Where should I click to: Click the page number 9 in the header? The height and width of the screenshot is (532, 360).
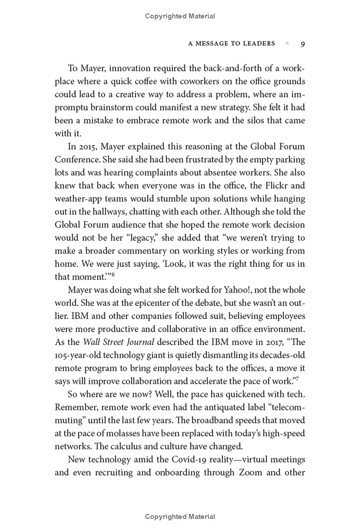tap(303, 44)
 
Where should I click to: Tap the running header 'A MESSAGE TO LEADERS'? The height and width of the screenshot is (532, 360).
tap(231, 44)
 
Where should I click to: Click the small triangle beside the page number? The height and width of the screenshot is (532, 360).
tap(286, 44)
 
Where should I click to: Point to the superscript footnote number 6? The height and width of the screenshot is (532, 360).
tap(113, 274)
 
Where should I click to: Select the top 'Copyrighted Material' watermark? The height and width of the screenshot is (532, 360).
tap(180, 16)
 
